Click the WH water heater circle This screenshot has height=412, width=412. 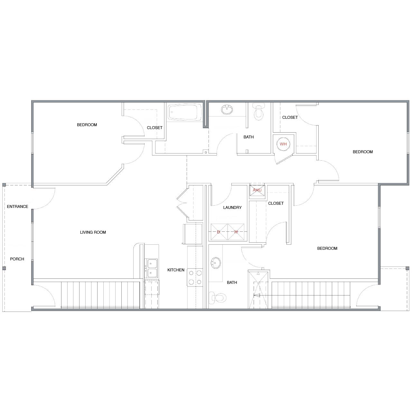pos(283,144)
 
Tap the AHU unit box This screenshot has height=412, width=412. pos(257,190)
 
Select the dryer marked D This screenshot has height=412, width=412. pos(219,232)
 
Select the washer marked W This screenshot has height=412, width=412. pos(236,232)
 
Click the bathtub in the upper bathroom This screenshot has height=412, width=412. pos(185,112)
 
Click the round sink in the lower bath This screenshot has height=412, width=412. pos(216,263)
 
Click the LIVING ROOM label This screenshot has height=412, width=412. pos(93,232)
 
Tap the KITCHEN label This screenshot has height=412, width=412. pos(176,270)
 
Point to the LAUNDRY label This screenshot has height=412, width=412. pos(232,207)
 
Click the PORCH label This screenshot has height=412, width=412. pos(17,259)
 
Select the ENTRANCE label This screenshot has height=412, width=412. pos(17,206)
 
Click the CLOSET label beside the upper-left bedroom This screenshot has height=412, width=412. pos(154,128)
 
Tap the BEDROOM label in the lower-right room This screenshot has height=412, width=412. pos(327,248)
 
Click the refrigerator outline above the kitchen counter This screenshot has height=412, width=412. pos(192,234)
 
